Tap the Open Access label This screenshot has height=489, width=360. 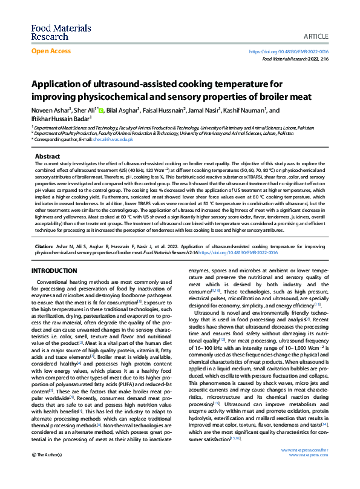pos(51,51)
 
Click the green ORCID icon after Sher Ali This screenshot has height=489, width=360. pos(101,111)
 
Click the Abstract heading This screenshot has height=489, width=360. pos(47,156)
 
